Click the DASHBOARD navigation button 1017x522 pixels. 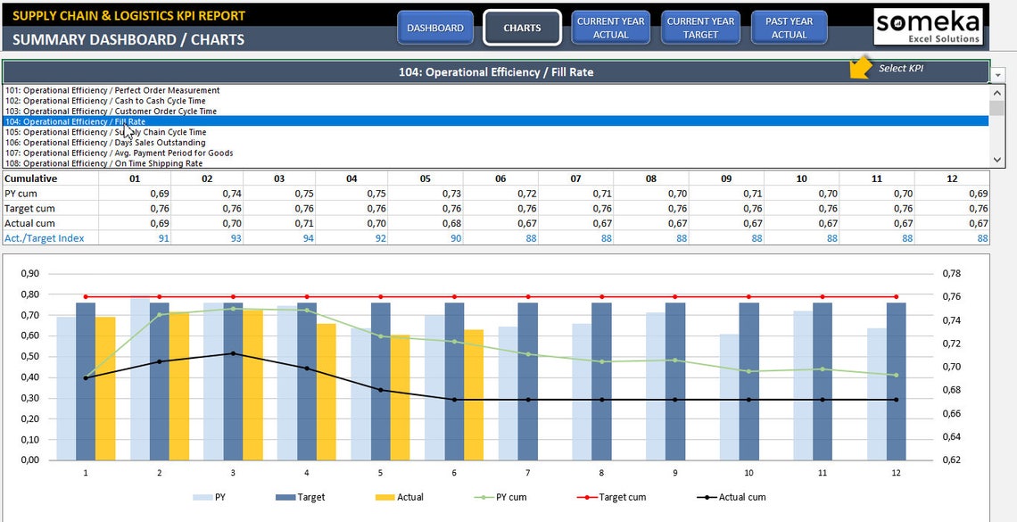pos(434,28)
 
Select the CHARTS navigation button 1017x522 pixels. pos(522,28)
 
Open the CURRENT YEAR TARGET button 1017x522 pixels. pos(700,28)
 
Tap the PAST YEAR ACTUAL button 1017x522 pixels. pos(789,28)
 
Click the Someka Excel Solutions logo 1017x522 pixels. pos(928,26)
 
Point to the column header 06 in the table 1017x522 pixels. pos(500,178)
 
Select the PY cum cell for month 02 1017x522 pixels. pos(231,194)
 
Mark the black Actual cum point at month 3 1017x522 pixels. pos(233,353)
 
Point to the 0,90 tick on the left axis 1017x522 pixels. pos(29,274)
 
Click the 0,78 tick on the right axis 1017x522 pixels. pos(953,274)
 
